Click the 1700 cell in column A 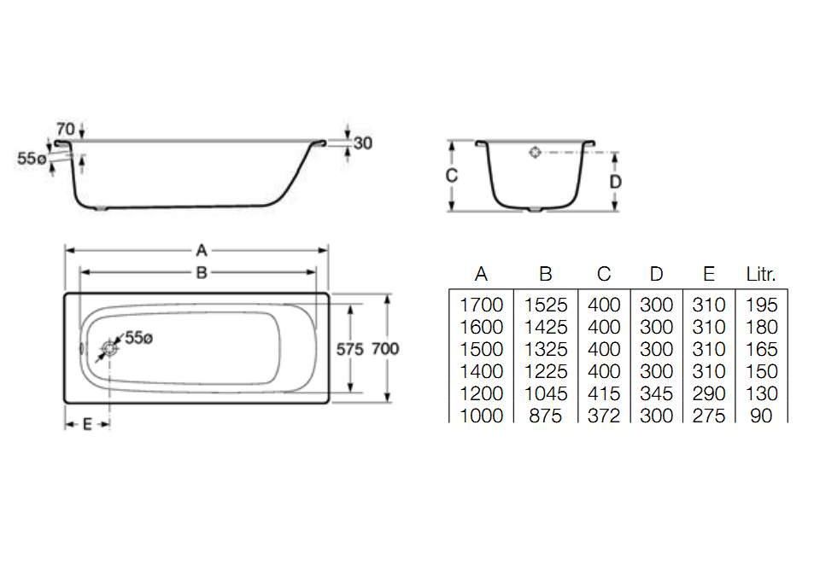[481, 305]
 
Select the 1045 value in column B [546, 394]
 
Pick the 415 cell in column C [604, 394]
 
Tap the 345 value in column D [656, 394]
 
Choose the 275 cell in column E [708, 416]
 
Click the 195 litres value [760, 305]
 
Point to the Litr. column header [760, 275]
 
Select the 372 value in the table [604, 416]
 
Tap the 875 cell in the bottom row [546, 416]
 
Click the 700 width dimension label [385, 349]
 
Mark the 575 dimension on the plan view [349, 349]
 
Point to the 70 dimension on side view [66, 129]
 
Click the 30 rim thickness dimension [362, 143]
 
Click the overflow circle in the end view [535, 153]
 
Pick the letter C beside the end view [453, 176]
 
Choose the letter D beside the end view [615, 181]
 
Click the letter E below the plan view [87, 424]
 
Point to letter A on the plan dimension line [202, 250]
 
